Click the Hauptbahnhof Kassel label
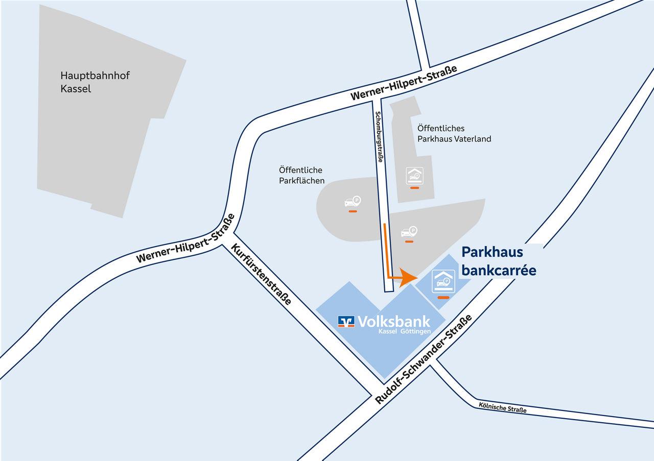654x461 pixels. (x=95, y=82)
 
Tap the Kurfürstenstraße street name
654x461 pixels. (x=261, y=274)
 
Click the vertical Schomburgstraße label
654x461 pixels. (x=379, y=137)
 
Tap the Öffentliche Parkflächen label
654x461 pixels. (x=301, y=175)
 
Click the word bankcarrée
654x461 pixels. (x=499, y=271)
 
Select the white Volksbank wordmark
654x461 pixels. (x=394, y=321)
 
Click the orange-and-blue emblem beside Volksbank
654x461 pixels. (x=346, y=321)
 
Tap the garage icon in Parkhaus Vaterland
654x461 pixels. (x=414, y=176)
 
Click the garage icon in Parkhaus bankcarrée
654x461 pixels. (x=443, y=281)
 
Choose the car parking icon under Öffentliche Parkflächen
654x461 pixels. (x=353, y=202)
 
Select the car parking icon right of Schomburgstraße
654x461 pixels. (x=409, y=232)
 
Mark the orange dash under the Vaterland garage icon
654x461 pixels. (x=414, y=188)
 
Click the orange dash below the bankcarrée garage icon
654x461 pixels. (x=443, y=297)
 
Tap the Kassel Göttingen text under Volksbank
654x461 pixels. (x=404, y=331)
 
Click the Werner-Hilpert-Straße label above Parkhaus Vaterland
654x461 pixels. (x=404, y=83)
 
